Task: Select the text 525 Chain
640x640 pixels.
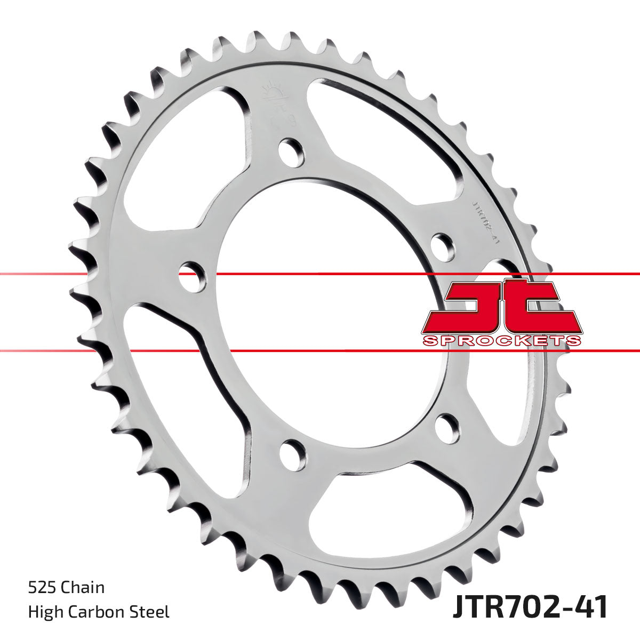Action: coord(66,588)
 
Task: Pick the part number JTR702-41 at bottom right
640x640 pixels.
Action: coord(530,607)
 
